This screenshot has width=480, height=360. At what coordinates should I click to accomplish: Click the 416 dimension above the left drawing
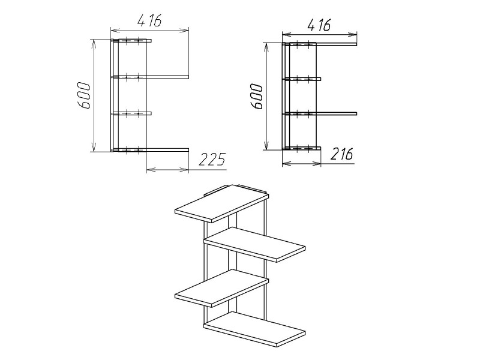[x=149, y=21]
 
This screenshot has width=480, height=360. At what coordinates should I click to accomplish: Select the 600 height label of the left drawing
[x=83, y=95]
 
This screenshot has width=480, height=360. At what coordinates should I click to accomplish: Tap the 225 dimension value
[x=212, y=159]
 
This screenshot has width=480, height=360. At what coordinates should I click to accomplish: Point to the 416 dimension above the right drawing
[x=319, y=25]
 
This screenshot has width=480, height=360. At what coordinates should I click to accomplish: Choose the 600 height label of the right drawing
[x=256, y=97]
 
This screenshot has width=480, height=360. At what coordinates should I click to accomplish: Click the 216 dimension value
[x=341, y=154]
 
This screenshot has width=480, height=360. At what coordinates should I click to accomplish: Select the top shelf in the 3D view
[x=221, y=203]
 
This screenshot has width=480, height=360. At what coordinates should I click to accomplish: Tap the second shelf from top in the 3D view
[x=254, y=244]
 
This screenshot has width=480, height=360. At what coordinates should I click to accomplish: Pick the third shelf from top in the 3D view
[x=221, y=287]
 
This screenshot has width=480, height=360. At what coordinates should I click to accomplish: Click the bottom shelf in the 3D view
[x=254, y=329]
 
